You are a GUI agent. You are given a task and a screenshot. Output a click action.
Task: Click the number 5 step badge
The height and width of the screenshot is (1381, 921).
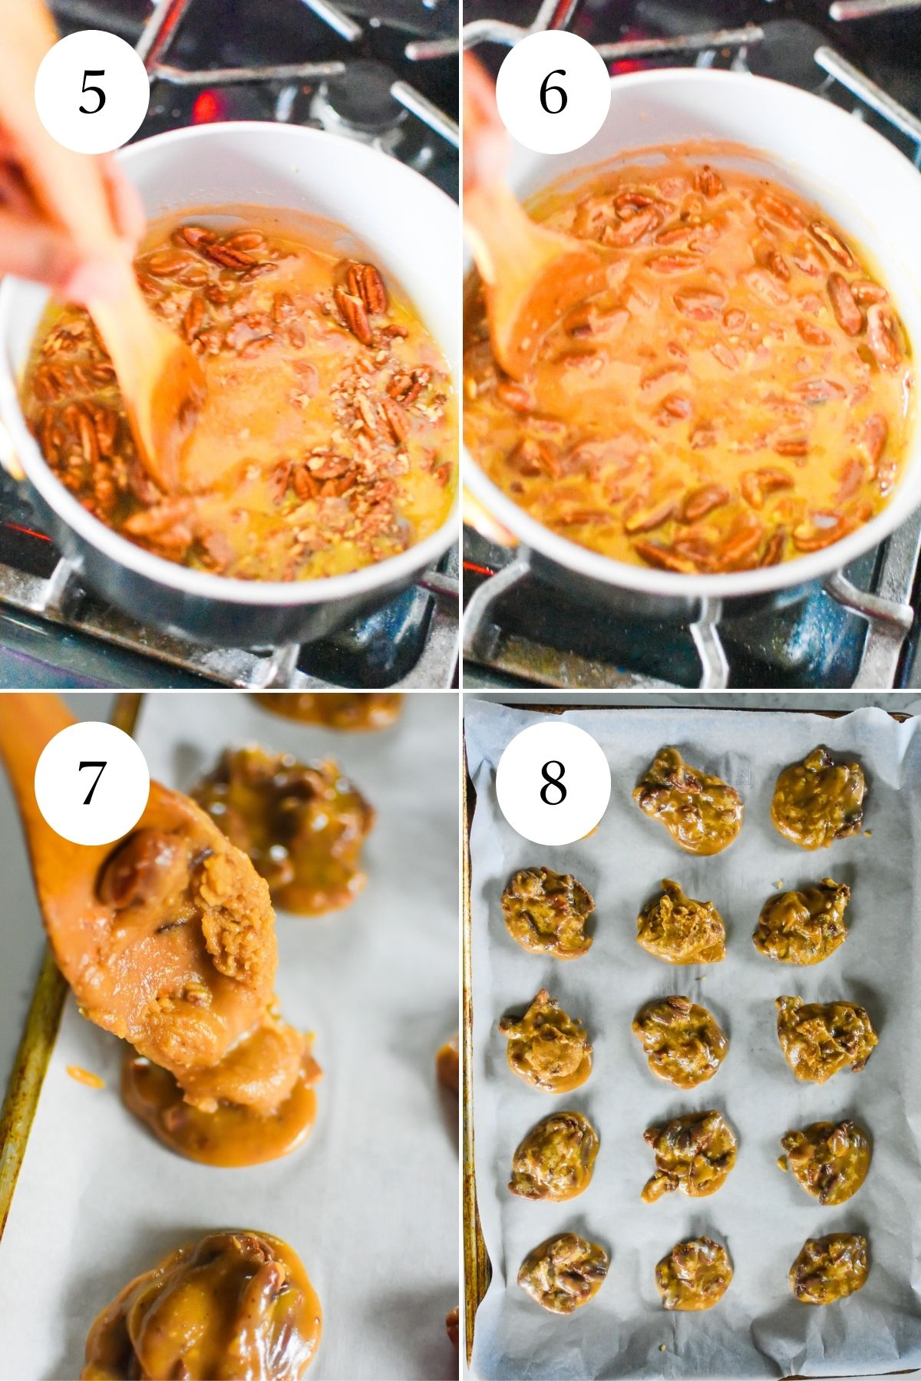(x=91, y=92)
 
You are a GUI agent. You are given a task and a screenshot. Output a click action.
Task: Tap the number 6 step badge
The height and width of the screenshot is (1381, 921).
(x=553, y=92)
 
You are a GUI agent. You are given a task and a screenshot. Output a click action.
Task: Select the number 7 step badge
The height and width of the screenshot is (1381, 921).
(x=91, y=783)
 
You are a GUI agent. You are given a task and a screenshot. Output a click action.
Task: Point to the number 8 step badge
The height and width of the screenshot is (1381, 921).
(x=553, y=783)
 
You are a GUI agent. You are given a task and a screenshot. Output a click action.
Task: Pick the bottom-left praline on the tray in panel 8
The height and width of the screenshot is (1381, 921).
(x=563, y=1273)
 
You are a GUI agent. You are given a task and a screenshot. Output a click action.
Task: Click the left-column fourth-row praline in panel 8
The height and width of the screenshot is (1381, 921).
(x=555, y=1155)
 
